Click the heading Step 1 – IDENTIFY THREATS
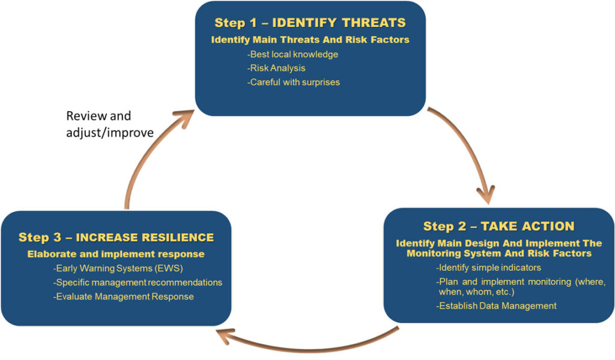[x=310, y=23]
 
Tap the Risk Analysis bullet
[x=277, y=68]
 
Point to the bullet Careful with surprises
[x=294, y=82]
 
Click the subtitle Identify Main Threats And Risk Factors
[x=310, y=40]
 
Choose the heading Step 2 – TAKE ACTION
[x=498, y=226]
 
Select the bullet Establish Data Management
[x=496, y=306]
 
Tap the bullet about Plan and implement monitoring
[x=520, y=286]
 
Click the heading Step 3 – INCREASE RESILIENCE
[x=116, y=237]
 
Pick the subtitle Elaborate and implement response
[x=116, y=254]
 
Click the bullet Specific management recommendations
[x=138, y=282]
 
